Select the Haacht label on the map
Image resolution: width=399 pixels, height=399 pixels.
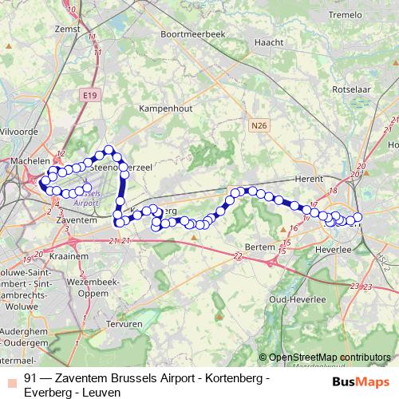pos(265,42)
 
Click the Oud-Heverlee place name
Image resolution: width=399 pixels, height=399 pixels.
pos(296,298)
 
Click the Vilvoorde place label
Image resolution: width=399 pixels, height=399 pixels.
pos(18,129)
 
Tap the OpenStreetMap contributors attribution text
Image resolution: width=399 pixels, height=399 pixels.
pos(330,358)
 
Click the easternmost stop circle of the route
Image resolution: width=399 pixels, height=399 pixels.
pos(358,217)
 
